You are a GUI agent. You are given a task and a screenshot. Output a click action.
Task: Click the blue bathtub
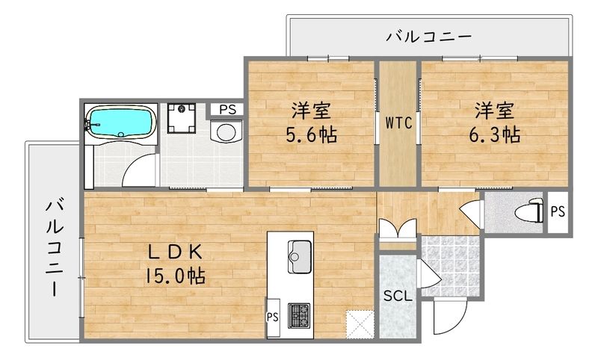pyautogui.click(x=120, y=121)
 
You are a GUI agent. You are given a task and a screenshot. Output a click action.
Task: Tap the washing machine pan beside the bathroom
pyautogui.click(x=182, y=118)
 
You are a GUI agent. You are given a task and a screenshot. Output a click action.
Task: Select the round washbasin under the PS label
pyautogui.click(x=224, y=131)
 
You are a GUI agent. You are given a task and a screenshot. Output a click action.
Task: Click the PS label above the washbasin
pyautogui.click(x=228, y=109)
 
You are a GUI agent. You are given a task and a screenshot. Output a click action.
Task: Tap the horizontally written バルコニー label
pyautogui.click(x=428, y=36)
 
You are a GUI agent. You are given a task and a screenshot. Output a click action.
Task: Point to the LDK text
pyautogui.click(x=176, y=251)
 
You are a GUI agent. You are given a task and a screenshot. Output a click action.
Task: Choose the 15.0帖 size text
pyautogui.click(x=176, y=276)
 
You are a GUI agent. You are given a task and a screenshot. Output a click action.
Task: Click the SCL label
pyautogui.click(x=397, y=295)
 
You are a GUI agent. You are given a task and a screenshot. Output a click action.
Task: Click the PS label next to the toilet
pyautogui.click(x=558, y=211)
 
